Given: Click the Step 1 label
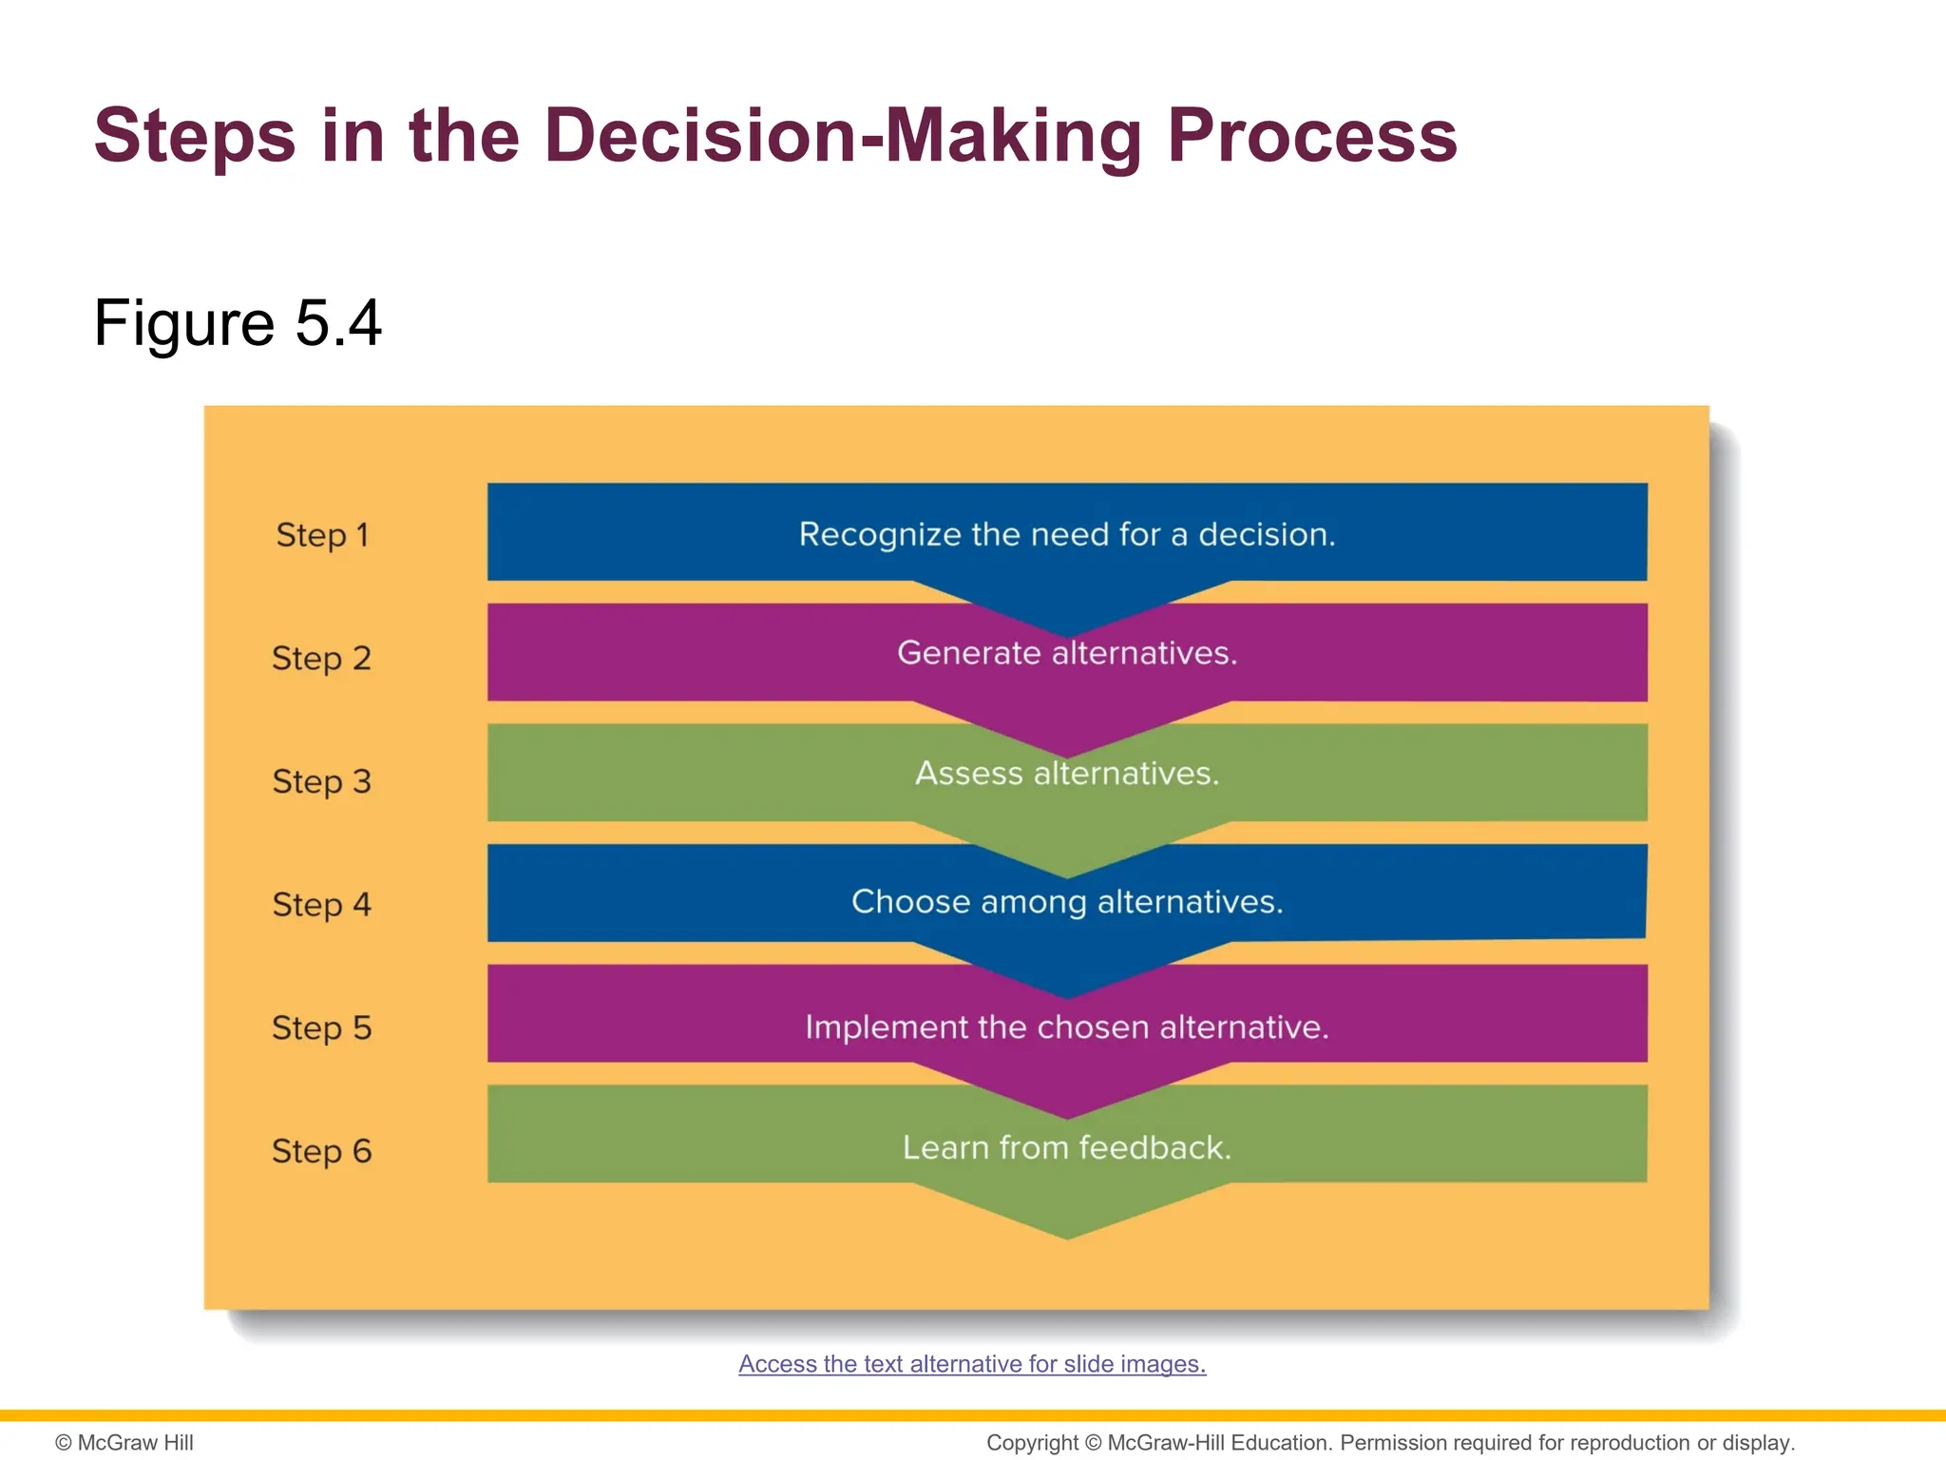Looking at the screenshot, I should (321, 535).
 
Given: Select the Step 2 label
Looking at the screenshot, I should (321, 658).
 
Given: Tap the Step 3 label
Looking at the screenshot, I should (321, 781).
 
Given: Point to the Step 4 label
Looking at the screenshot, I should (321, 904).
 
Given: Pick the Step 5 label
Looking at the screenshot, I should (321, 1028).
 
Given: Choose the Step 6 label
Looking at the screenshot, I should (321, 1151).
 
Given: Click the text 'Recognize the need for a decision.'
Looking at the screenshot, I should (1066, 534).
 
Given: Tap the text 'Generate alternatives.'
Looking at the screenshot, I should (1066, 653).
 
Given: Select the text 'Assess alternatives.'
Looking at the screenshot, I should (1066, 774).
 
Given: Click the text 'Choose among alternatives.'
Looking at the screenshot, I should (1066, 901).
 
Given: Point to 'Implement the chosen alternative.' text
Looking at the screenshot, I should (1066, 1028).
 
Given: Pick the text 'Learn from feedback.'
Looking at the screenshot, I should (1066, 1148).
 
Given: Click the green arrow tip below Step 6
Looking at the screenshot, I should (1067, 1217).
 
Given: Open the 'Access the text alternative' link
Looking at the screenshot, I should (972, 1364).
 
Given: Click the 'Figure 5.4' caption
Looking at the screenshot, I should (238, 323).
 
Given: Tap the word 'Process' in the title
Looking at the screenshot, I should (1311, 136).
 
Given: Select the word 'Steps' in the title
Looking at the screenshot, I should (195, 136).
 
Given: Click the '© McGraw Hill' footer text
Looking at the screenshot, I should (124, 1443).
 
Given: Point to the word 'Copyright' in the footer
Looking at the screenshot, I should (1032, 1443).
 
